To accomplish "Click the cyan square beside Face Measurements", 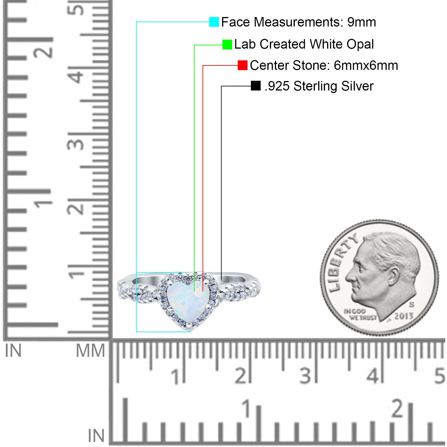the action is tap(214, 22).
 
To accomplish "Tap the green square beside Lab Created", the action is tap(227, 44).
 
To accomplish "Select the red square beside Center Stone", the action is tap(242, 65).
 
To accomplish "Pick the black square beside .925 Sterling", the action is tap(256, 86).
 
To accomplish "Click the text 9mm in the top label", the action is tap(362, 22).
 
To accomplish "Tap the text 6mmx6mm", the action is tap(366, 65).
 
